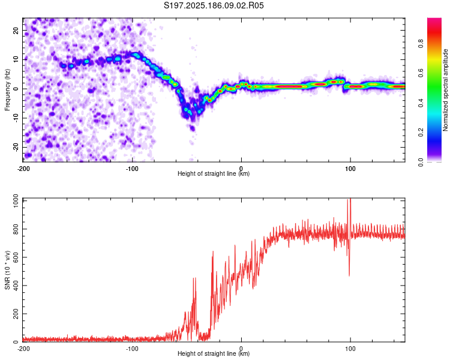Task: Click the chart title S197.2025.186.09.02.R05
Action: (214, 5)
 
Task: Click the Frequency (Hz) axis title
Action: (7, 90)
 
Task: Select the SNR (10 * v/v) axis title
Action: (7, 270)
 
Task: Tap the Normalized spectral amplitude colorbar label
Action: (445, 90)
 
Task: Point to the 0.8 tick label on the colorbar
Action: (421, 44)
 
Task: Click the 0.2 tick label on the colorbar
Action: (421, 133)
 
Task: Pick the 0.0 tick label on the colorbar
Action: (421, 162)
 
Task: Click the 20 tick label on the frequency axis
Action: (16, 31)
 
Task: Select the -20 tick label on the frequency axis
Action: (16, 147)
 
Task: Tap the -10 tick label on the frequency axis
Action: (16, 118)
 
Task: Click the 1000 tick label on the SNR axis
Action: (16, 201)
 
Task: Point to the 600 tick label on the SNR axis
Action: (16, 257)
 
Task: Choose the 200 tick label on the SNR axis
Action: (16, 313)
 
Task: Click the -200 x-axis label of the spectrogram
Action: (23, 169)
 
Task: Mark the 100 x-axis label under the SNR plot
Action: (350, 349)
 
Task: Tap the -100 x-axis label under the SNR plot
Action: (132, 349)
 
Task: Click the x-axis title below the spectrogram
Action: (214, 173)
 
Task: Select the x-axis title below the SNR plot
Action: (214, 353)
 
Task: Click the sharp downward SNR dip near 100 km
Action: (349, 275)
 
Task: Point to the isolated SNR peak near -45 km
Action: (195, 278)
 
